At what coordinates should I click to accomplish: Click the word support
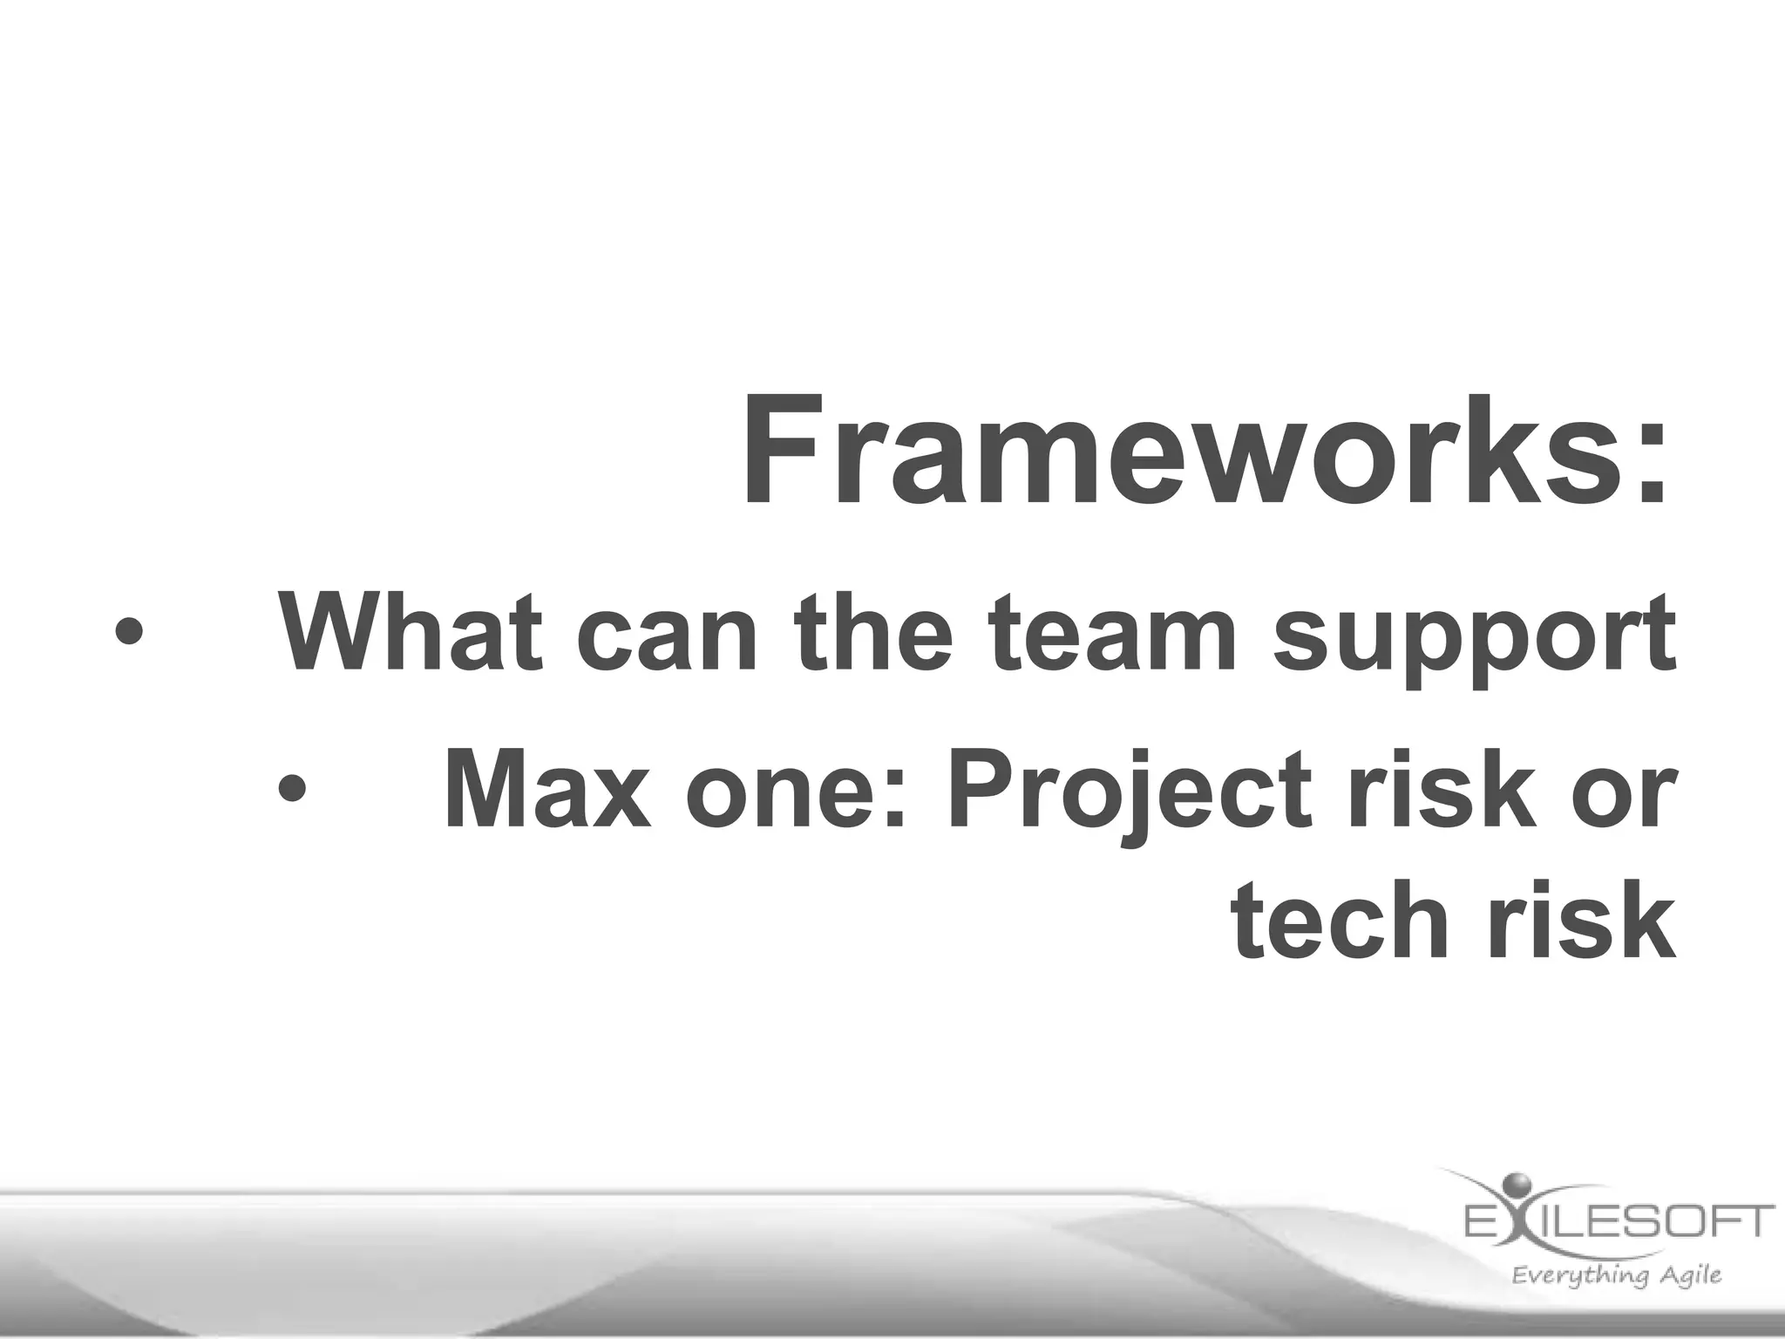(x=1474, y=641)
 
